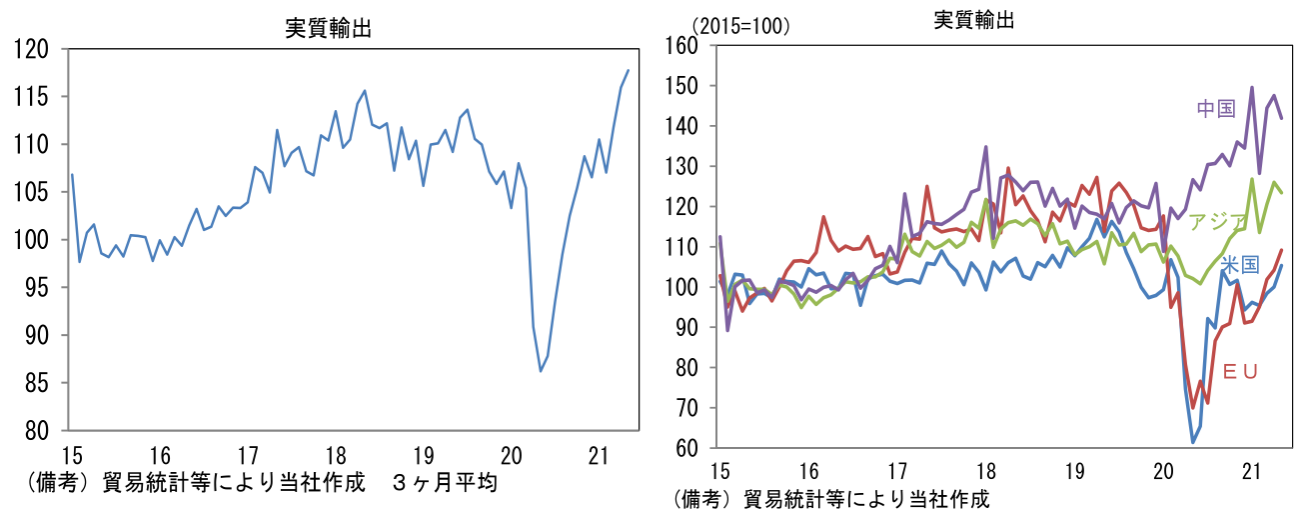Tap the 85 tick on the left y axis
click(x=36, y=383)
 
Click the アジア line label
click(x=1216, y=222)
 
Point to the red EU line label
click(x=1240, y=371)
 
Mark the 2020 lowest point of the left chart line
click(x=541, y=372)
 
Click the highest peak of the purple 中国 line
click(x=1252, y=87)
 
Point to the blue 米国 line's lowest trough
click(x=1193, y=442)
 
